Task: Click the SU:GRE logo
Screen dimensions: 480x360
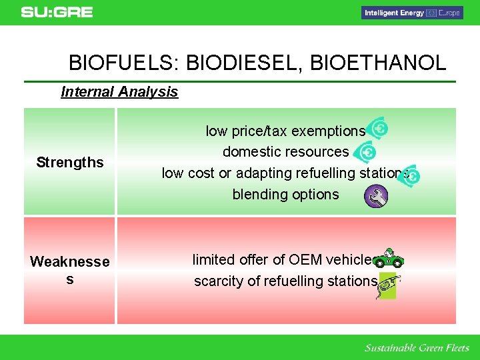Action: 57,13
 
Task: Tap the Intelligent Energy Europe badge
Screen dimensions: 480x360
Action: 412,13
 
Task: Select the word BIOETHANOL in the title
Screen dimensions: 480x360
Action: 378,63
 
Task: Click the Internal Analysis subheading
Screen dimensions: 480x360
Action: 119,92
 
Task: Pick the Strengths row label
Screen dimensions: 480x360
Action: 70,162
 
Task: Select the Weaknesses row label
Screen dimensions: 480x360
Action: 70,270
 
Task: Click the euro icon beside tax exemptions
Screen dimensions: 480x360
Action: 377,128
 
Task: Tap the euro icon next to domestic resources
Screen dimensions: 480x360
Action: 365,152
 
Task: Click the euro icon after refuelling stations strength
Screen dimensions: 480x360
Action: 409,176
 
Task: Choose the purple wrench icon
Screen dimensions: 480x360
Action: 376,196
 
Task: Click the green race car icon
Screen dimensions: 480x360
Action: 388,259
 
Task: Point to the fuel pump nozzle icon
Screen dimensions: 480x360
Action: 387,286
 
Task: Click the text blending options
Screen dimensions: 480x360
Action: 285,195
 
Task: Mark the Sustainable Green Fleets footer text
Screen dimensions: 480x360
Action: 417,348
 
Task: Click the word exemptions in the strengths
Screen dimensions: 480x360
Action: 329,131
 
